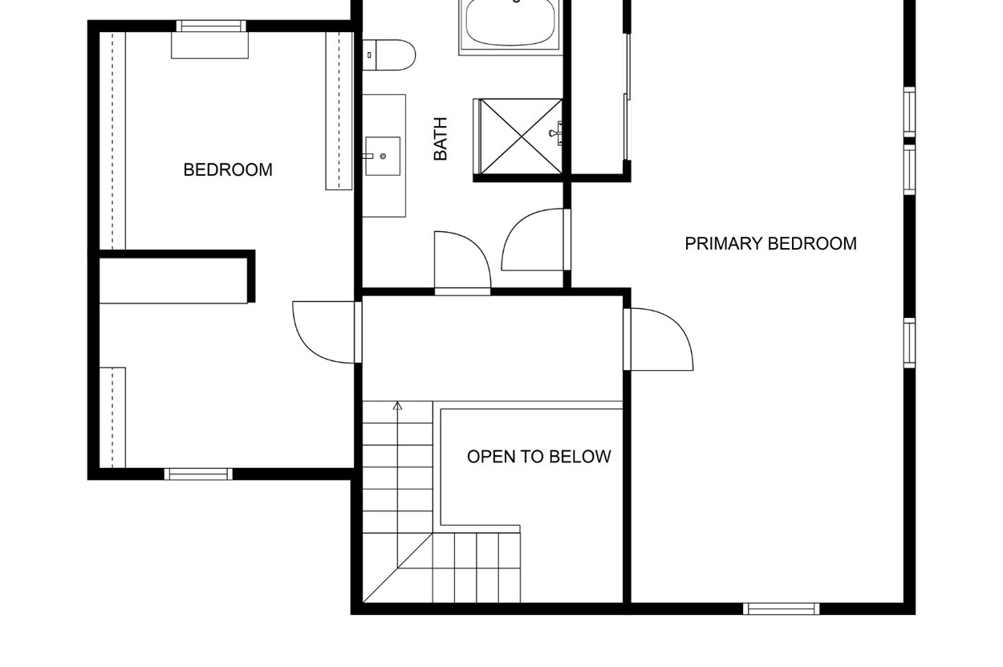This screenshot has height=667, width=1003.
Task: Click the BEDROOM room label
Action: (228, 170)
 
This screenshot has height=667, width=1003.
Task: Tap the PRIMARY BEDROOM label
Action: (770, 244)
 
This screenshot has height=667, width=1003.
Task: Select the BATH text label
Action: (441, 139)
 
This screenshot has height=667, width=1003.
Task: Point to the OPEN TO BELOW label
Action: (538, 457)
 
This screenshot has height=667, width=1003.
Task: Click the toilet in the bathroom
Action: (388, 55)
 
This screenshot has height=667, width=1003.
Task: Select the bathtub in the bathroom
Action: (510, 25)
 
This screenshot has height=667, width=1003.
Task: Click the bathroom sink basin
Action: (383, 156)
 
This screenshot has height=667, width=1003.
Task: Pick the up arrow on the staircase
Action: (397, 406)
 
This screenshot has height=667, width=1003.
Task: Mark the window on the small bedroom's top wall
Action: (211, 26)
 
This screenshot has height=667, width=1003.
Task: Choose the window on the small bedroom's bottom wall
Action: (198, 474)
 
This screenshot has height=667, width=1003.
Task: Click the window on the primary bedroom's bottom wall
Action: (782, 608)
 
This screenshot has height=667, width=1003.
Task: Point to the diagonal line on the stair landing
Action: (398, 568)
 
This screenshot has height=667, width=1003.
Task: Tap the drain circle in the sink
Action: (383, 156)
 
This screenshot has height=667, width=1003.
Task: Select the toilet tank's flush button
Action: (369, 55)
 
